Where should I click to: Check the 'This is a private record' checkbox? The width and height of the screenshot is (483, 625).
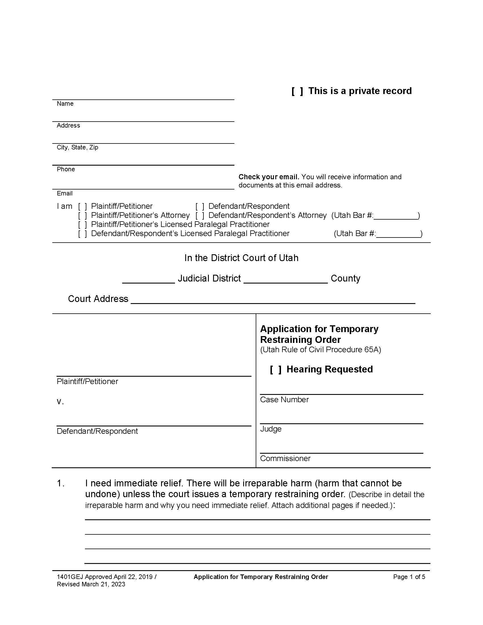tap(297, 91)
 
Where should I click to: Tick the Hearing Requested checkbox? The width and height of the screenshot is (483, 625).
tap(276, 370)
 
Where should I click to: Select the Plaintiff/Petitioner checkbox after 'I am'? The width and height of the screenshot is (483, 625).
tap(82, 206)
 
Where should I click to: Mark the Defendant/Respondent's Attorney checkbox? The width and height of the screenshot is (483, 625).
tap(200, 216)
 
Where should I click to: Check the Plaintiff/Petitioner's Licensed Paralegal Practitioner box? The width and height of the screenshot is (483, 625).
tap(82, 225)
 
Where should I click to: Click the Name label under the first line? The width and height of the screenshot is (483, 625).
tap(65, 104)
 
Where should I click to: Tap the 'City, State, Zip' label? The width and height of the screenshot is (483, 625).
tap(77, 147)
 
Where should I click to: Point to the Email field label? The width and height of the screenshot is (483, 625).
tap(65, 193)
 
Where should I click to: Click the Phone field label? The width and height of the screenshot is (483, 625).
tap(66, 169)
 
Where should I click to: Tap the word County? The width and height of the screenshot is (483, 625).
tap(345, 278)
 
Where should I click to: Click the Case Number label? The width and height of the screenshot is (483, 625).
tap(284, 400)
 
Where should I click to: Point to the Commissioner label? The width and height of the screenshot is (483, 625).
tap(285, 459)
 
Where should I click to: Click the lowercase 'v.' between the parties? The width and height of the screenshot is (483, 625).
tap(60, 402)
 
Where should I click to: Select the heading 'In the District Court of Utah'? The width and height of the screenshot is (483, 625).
tap(241, 258)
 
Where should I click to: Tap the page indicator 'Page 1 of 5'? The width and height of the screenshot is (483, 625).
tap(409, 577)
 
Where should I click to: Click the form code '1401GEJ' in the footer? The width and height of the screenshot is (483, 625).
tap(70, 577)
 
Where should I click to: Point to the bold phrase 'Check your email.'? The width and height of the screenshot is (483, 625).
tap(269, 177)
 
